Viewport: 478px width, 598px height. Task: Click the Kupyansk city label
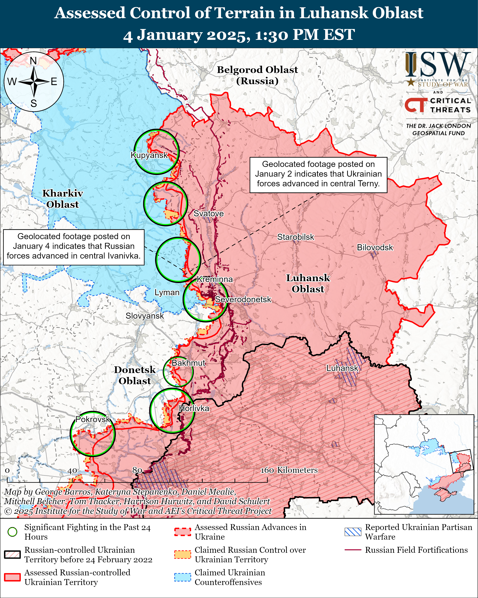149,155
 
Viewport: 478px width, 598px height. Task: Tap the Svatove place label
208,213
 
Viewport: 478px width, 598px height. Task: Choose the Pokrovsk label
93,419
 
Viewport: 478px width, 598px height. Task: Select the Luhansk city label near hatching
342,368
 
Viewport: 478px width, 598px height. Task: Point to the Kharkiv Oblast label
63,199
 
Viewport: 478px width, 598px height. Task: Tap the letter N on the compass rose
33,61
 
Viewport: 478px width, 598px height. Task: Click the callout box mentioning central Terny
318,174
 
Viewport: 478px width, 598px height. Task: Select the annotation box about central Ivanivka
74,246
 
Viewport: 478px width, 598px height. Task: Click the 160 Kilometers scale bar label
289,470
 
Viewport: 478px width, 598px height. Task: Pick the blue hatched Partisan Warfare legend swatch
353,532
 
